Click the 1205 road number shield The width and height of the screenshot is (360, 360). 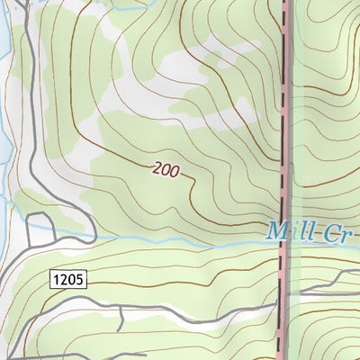click(67, 280)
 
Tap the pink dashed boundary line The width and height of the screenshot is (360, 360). click(287, 108)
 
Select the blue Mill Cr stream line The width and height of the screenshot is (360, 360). click(180, 239)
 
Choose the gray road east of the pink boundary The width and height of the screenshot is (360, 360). click(324, 292)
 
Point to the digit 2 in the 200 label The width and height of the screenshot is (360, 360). click(157, 166)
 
